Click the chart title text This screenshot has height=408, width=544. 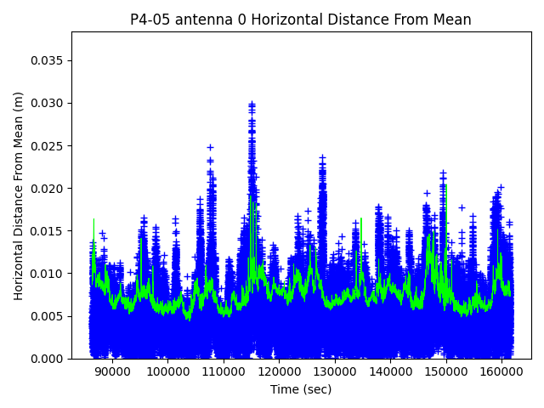click(x=301, y=20)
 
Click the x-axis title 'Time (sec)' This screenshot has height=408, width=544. click(x=301, y=389)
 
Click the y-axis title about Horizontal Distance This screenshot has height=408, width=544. click(x=19, y=195)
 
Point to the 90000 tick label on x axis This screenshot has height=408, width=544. click(x=112, y=371)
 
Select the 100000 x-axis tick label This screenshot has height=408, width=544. click(x=167, y=371)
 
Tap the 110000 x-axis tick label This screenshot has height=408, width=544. click(x=224, y=371)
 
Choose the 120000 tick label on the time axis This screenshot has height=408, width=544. click(x=279, y=371)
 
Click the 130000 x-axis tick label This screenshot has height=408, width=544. click(x=335, y=371)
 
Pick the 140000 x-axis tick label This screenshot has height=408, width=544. click(x=390, y=371)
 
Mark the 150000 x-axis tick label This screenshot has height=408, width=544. click(x=446, y=371)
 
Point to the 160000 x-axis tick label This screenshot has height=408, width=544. click(x=501, y=371)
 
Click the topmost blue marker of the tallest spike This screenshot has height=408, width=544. click(x=252, y=104)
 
